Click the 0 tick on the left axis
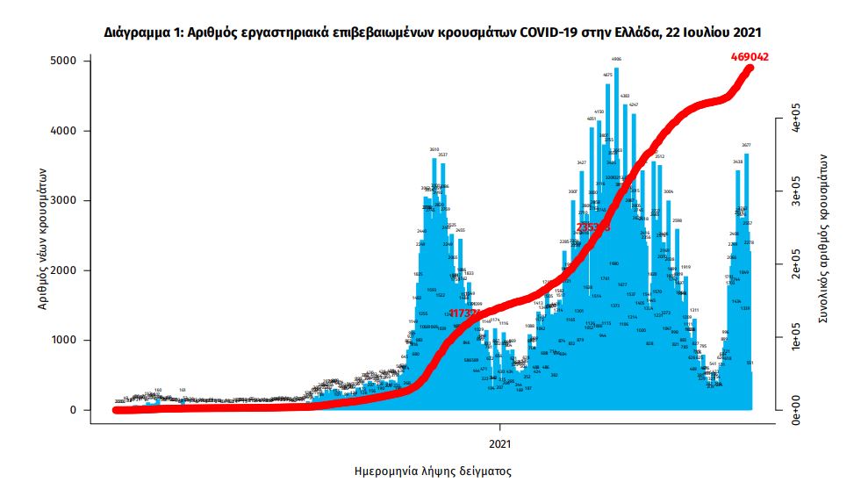[x=74, y=410]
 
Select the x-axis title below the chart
[x=432, y=471]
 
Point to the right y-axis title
[x=824, y=237]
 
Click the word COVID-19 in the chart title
[x=551, y=32]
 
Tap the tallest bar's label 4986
[x=617, y=60]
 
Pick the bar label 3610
[x=434, y=149]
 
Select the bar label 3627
[x=746, y=145]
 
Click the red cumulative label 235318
[x=592, y=227]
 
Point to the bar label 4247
[x=634, y=104]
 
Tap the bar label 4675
[x=608, y=76]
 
